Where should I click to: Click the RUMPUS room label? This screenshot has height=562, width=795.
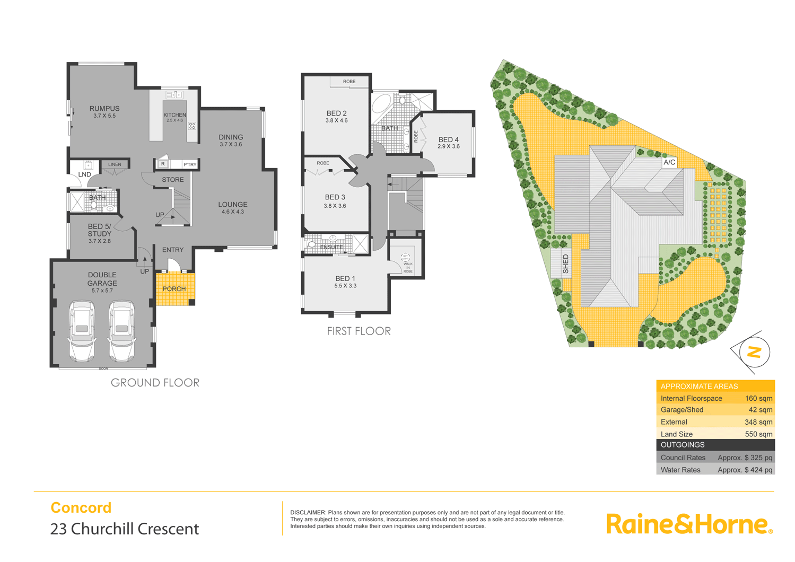point(104,109)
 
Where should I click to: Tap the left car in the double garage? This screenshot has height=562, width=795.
point(82,331)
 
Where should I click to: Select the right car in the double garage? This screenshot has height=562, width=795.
point(122,331)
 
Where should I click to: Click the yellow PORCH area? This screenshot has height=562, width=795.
point(174,289)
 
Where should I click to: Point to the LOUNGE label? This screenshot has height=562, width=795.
point(233,205)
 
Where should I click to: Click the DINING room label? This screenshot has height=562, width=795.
point(231,137)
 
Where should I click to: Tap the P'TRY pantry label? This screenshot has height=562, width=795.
point(190,164)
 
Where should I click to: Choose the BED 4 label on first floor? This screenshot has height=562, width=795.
point(449,140)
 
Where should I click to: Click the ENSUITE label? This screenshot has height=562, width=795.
point(331,247)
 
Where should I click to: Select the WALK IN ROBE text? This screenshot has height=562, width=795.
point(408,267)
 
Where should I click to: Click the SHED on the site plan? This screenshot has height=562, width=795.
point(565,264)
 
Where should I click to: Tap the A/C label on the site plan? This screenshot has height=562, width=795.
point(669,162)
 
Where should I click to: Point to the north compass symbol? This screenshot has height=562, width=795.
point(754,352)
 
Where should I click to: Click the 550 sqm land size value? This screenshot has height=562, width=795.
point(758,434)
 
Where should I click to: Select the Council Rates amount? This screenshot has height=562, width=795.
point(745,458)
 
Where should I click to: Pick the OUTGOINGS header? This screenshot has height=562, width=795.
point(683,445)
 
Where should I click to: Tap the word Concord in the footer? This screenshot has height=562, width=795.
point(81,507)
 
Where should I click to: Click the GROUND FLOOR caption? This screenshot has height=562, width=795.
point(155,382)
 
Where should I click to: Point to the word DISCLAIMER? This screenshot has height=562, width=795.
point(308,513)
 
